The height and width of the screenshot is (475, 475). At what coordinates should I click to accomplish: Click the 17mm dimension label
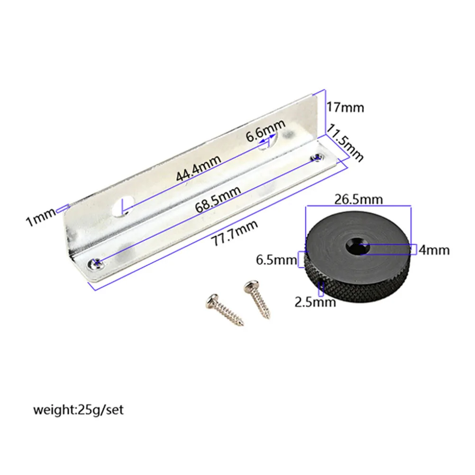(x=346, y=108)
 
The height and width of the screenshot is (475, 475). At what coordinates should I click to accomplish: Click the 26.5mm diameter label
(x=358, y=200)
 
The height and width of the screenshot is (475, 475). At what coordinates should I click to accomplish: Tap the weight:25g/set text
(x=78, y=410)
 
